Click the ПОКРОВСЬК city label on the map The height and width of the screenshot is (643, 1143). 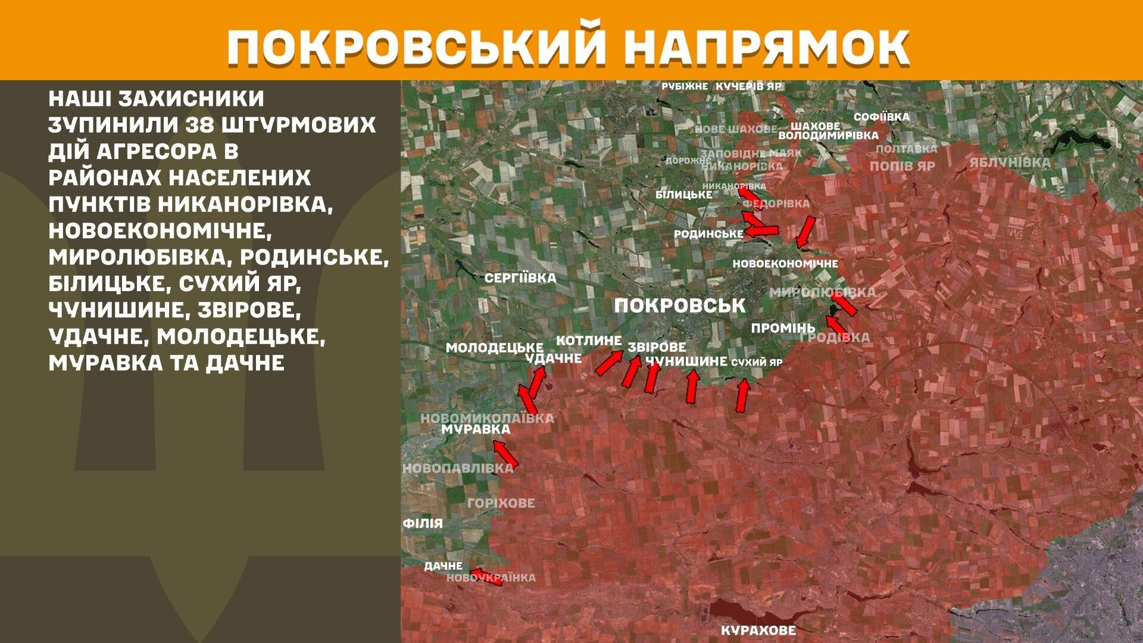[x=679, y=306]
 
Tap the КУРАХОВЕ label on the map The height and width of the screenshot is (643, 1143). [x=758, y=630]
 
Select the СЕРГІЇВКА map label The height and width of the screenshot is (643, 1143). [x=520, y=278]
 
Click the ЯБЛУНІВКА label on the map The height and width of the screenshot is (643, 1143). [x=1010, y=163]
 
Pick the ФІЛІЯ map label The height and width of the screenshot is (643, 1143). [x=423, y=523]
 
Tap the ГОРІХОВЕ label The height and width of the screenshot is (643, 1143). [x=501, y=503]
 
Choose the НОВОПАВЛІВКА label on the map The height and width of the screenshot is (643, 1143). [x=458, y=468]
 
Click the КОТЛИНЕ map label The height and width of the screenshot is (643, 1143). [x=588, y=341]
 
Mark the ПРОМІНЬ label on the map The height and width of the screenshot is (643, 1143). [x=783, y=328]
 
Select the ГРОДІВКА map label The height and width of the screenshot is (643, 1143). [x=835, y=338]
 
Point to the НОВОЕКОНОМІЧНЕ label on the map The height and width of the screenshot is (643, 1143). [x=785, y=264]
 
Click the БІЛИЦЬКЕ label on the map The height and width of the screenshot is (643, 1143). [x=683, y=195]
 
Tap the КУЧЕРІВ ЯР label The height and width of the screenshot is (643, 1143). [x=748, y=86]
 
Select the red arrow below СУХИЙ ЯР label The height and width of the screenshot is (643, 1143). [x=742, y=395]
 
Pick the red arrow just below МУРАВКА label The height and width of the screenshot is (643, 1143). [x=505, y=454]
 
